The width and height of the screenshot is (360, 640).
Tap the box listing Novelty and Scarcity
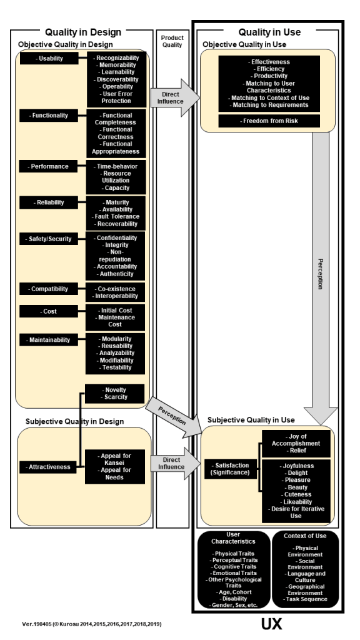(x=115, y=393)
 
